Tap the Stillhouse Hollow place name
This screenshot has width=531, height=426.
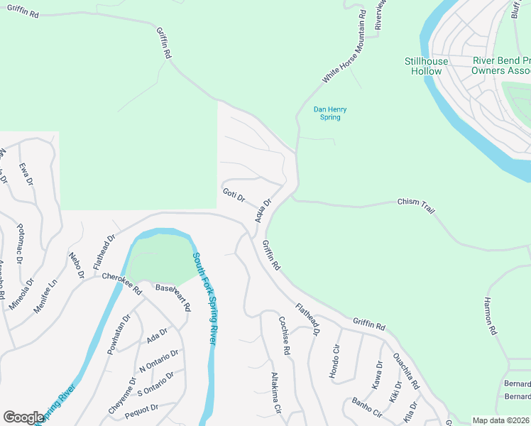click(x=427, y=66)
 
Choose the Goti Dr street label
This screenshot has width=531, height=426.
click(x=234, y=195)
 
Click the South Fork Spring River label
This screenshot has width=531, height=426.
click(x=203, y=298)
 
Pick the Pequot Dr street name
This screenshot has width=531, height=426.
click(x=140, y=408)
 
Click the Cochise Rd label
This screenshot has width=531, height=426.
click(x=284, y=335)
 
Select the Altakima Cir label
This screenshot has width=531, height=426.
click(x=277, y=393)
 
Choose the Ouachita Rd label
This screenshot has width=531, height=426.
click(x=406, y=371)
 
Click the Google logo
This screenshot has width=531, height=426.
click(x=24, y=417)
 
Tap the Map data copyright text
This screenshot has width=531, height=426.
click(x=500, y=420)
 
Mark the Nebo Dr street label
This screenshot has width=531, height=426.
click(x=77, y=264)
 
